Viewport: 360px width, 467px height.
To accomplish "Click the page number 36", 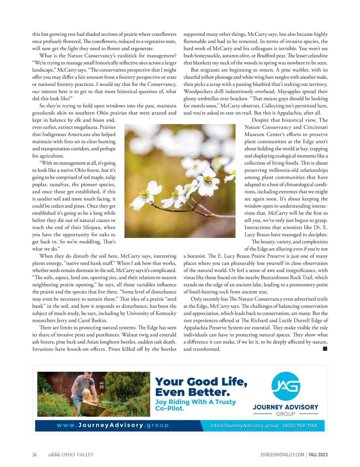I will coord(34,455).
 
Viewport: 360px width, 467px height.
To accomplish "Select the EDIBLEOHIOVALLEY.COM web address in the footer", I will coord(282,455).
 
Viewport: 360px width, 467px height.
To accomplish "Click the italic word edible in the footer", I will coord(54,455).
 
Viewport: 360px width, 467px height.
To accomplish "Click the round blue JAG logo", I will coord(286,386).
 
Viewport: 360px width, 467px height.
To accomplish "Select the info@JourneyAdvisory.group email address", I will coord(244,425).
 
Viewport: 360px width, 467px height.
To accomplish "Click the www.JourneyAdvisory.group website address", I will coord(112,425).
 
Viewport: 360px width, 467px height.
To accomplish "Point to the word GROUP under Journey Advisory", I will coord(285,414).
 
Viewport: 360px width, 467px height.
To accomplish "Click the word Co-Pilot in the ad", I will coord(169,409).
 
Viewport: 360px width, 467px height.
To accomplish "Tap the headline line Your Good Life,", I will coord(201,382).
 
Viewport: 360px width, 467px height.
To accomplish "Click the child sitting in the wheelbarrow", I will coord(87,397).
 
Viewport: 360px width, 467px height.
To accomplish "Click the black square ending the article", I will coord(325,349).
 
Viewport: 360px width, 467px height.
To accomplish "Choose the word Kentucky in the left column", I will coord(165,313).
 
